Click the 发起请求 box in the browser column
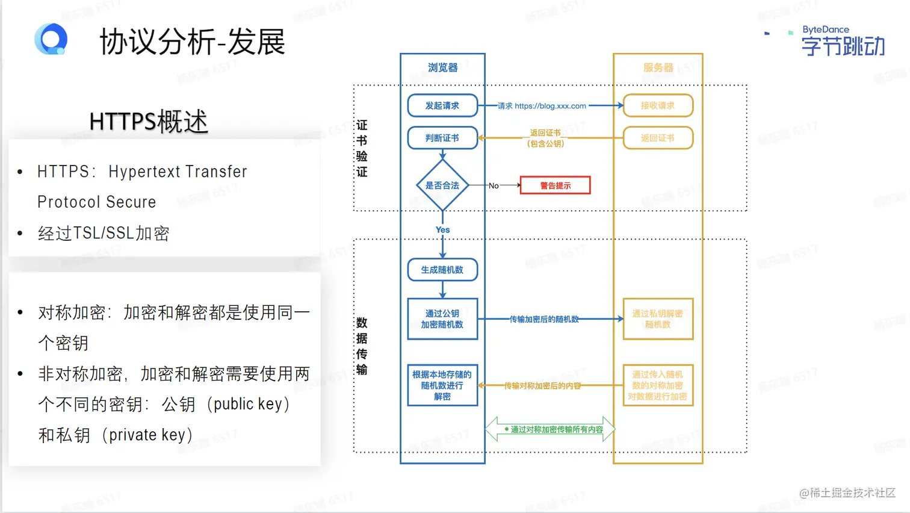(x=442, y=105)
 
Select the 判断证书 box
(x=442, y=138)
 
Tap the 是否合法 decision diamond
(x=442, y=185)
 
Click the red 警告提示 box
(x=555, y=185)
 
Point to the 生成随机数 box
(x=442, y=270)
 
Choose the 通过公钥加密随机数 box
(x=442, y=319)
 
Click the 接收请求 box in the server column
(x=658, y=105)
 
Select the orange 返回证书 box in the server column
(x=658, y=138)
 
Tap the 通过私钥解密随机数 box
(x=658, y=319)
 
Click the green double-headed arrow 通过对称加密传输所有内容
(x=550, y=429)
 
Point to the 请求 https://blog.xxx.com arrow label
(x=542, y=106)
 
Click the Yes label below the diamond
(x=442, y=230)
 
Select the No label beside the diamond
(x=494, y=185)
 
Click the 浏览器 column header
(x=442, y=67)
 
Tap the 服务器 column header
(x=658, y=67)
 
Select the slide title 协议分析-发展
(x=192, y=42)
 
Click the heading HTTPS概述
(x=148, y=122)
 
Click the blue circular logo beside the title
(x=51, y=40)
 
